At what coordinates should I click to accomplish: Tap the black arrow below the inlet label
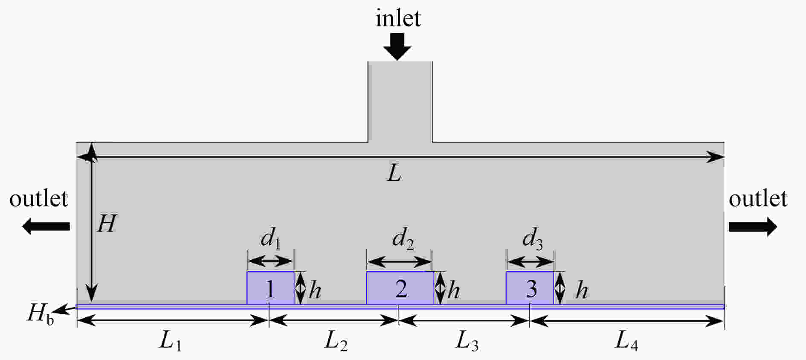click(x=397, y=46)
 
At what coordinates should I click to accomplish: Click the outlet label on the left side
click(x=39, y=199)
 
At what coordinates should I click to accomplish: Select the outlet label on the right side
click(x=758, y=199)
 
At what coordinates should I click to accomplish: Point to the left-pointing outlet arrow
click(x=46, y=226)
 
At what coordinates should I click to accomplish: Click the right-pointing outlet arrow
click(x=753, y=226)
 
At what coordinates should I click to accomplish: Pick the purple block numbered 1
click(x=270, y=288)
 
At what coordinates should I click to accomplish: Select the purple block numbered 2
click(x=400, y=288)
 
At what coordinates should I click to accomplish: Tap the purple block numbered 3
click(x=530, y=288)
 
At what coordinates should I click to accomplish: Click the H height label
click(x=107, y=223)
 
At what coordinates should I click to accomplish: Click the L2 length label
click(x=336, y=341)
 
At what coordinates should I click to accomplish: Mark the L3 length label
click(x=467, y=341)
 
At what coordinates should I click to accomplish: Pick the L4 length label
click(x=626, y=341)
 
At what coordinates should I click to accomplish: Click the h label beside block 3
click(x=582, y=290)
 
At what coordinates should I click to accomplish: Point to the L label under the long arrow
click(x=394, y=174)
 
